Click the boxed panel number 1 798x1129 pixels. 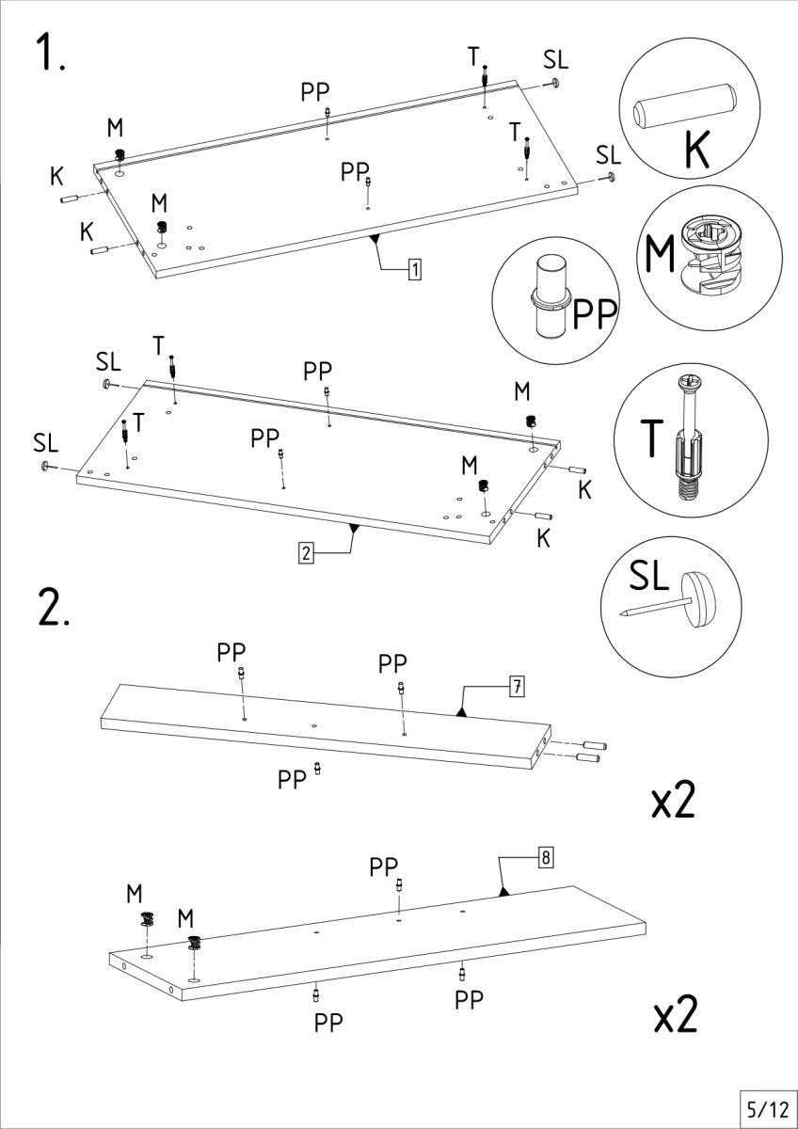(x=414, y=271)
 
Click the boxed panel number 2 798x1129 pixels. (x=305, y=553)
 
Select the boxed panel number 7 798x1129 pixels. (x=516, y=687)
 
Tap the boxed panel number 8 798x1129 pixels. (x=545, y=857)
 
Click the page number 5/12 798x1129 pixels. (x=765, y=1106)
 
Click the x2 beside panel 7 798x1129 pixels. (x=674, y=800)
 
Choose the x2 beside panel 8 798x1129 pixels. (x=676, y=1015)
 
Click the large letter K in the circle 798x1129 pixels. (x=696, y=148)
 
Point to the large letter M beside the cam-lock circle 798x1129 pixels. (x=661, y=254)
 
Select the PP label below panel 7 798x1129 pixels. (x=292, y=779)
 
